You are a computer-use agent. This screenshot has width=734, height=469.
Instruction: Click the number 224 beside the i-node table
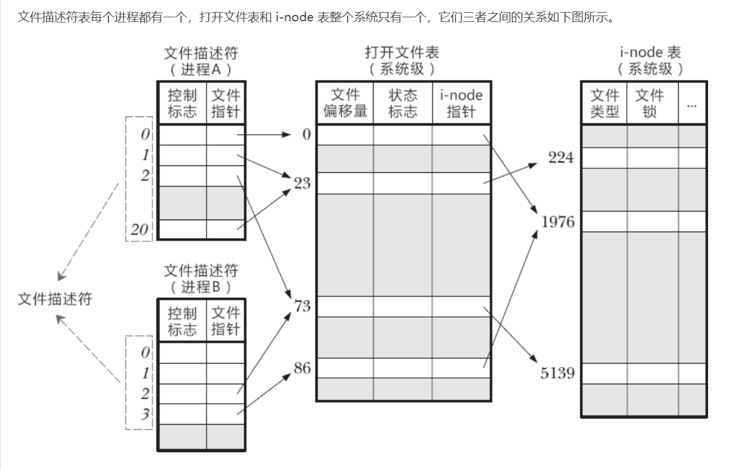click(x=560, y=157)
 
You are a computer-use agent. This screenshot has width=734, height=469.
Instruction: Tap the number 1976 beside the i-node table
click(x=558, y=222)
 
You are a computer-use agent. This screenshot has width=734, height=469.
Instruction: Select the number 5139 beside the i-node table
click(x=558, y=373)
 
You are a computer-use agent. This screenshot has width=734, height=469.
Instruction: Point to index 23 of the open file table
click(x=302, y=183)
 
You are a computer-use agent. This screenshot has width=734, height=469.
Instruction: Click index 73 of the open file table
click(x=302, y=306)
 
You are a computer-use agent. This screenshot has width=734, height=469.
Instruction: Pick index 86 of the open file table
click(x=302, y=368)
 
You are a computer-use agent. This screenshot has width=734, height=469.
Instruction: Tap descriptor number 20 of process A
click(x=140, y=230)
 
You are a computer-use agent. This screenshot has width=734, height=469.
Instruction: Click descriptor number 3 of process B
click(x=145, y=414)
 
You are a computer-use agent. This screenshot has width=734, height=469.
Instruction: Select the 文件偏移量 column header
click(x=345, y=103)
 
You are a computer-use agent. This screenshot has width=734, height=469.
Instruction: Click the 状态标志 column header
click(x=402, y=103)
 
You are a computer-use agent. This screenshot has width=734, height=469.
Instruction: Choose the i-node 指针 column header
click(x=461, y=103)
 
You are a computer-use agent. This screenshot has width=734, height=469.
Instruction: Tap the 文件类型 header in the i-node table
click(x=604, y=103)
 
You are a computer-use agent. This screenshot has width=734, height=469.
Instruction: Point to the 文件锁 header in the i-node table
click(x=649, y=103)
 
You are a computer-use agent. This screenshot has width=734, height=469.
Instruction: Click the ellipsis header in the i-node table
click(x=692, y=105)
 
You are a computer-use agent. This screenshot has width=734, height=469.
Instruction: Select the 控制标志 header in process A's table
click(x=182, y=103)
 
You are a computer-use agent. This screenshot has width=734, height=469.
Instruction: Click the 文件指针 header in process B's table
click(x=225, y=321)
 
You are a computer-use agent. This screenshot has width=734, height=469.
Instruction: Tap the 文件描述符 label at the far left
click(x=55, y=298)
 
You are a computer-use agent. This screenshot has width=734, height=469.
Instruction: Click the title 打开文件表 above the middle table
click(x=402, y=52)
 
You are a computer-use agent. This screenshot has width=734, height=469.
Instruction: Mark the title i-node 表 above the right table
click(x=650, y=52)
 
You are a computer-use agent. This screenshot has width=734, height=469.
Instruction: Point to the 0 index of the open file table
click(x=306, y=134)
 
